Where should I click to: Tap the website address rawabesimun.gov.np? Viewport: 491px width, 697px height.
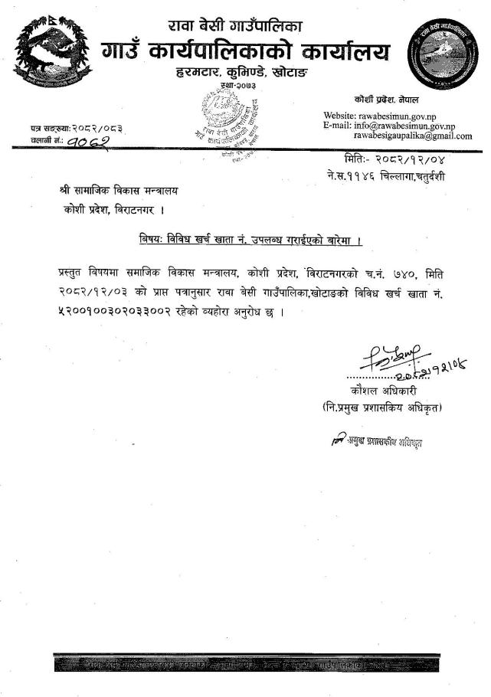click(x=403, y=116)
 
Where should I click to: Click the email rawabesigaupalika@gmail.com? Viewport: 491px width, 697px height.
click(x=413, y=136)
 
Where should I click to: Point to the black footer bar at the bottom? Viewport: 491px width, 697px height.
click(x=245, y=663)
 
